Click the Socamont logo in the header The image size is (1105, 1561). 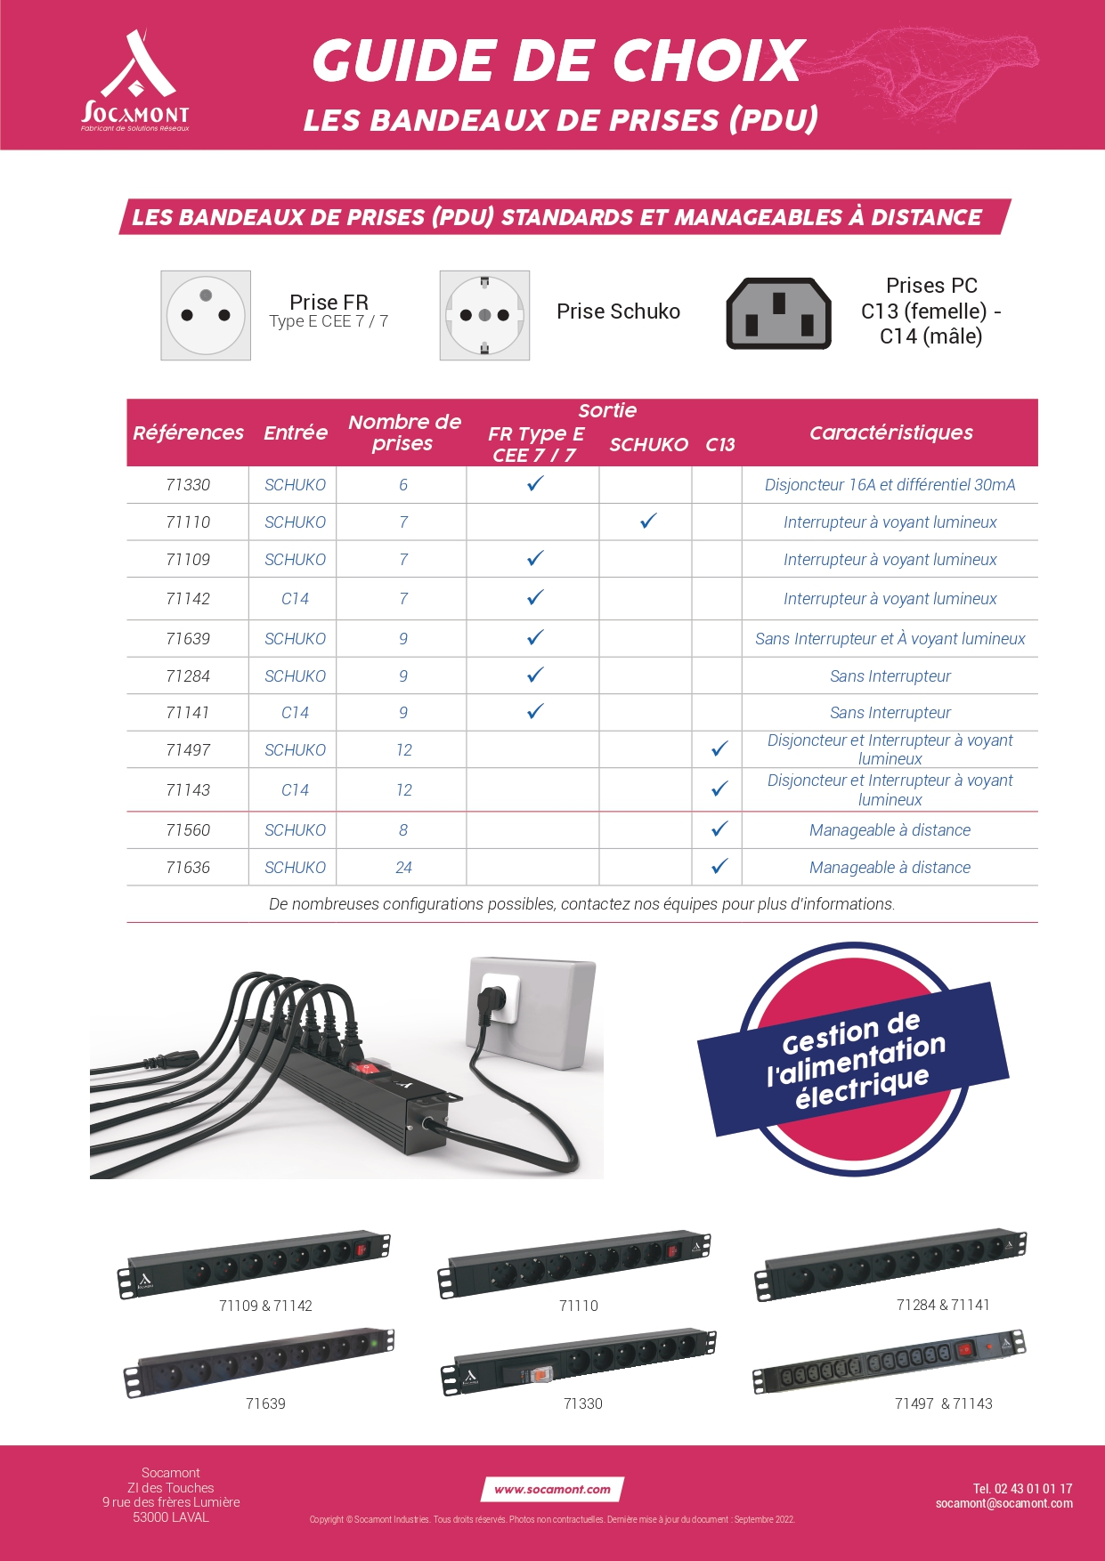click(135, 80)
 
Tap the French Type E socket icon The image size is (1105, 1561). click(206, 316)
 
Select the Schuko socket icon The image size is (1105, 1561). click(484, 316)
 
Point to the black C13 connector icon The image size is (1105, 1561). click(779, 313)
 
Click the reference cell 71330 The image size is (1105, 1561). click(188, 485)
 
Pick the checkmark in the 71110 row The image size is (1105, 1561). click(648, 522)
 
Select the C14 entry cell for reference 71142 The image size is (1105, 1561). click(295, 599)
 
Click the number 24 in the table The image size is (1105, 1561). click(403, 868)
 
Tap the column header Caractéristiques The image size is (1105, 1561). click(890, 433)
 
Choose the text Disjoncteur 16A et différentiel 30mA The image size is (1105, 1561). click(890, 485)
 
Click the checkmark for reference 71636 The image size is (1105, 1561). click(719, 866)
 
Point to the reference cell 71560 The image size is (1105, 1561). click(188, 830)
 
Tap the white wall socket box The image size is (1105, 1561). click(532, 1012)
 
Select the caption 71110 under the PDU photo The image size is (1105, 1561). click(579, 1306)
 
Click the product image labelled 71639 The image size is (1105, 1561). click(258, 1362)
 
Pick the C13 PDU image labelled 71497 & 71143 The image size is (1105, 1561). click(889, 1361)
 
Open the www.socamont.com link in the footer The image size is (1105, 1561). click(553, 1489)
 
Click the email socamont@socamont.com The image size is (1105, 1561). click(1003, 1503)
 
